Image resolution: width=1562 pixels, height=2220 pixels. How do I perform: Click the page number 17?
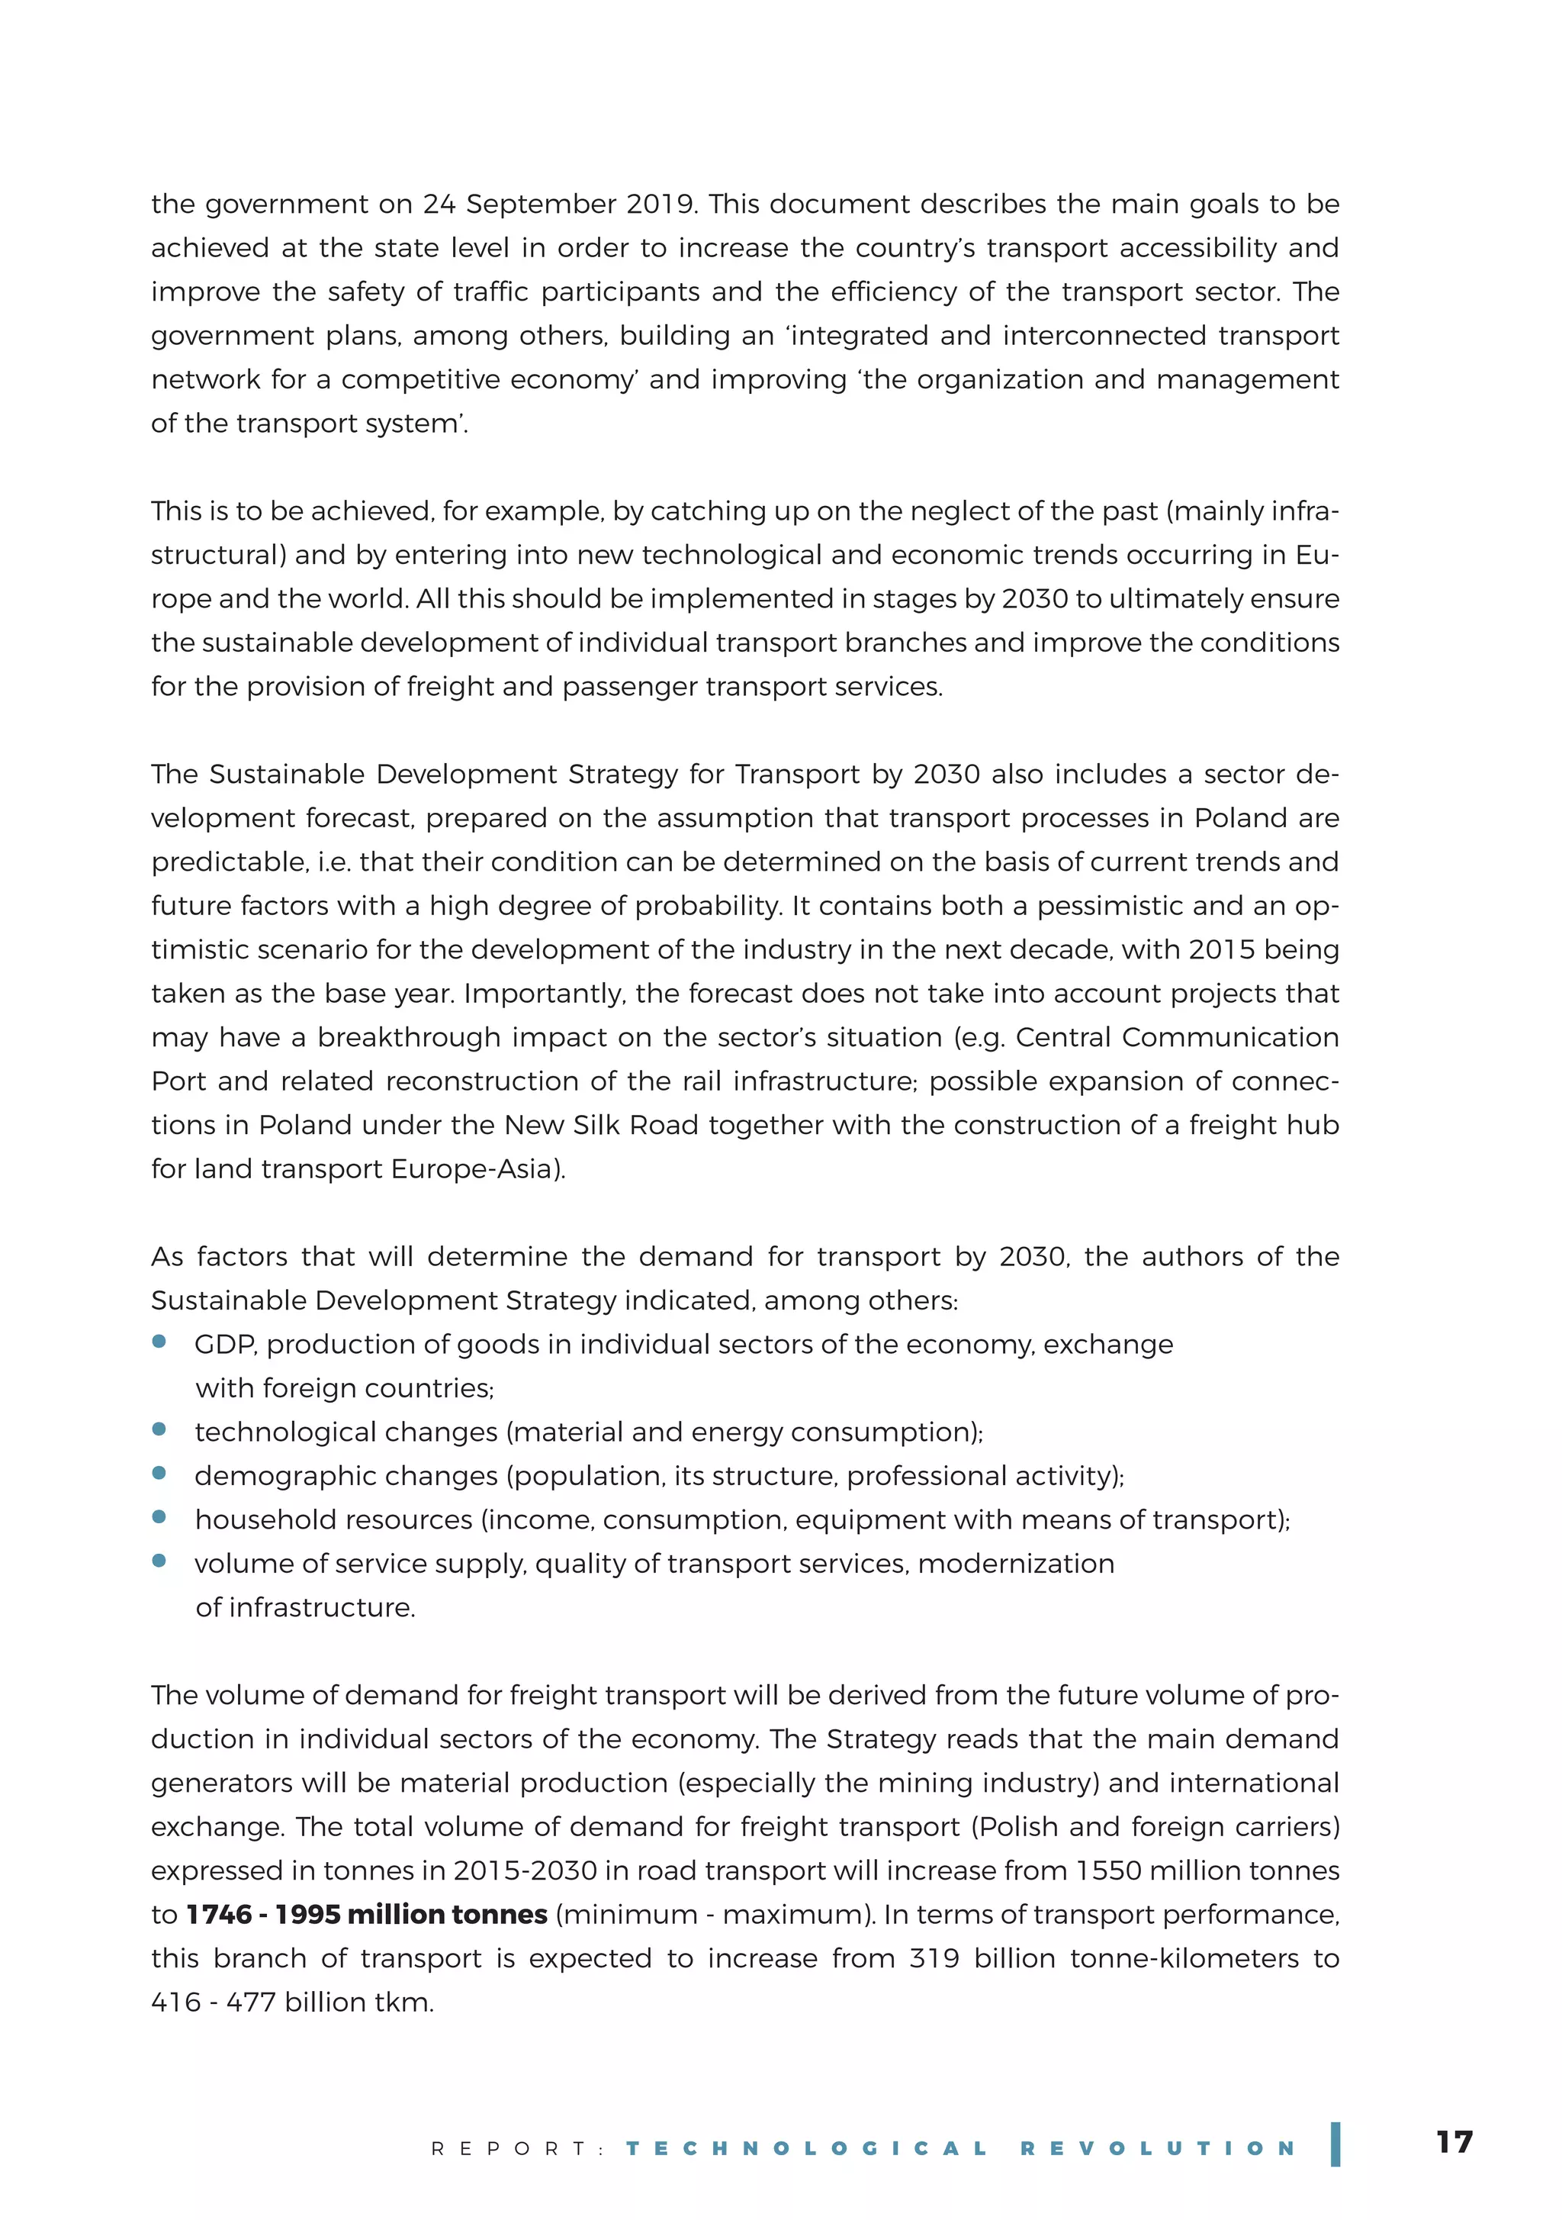coord(1454,2141)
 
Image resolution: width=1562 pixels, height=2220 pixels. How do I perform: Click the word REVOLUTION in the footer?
coord(1158,2148)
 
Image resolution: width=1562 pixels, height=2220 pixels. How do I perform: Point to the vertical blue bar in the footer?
coord(1335,2144)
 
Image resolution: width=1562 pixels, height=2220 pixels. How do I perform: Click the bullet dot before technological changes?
coord(159,1429)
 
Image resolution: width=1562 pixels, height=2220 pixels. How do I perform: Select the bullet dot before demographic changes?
coord(159,1473)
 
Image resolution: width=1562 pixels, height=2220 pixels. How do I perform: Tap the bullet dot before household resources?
coord(159,1516)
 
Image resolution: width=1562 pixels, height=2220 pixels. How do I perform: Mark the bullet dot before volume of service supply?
coord(159,1561)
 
